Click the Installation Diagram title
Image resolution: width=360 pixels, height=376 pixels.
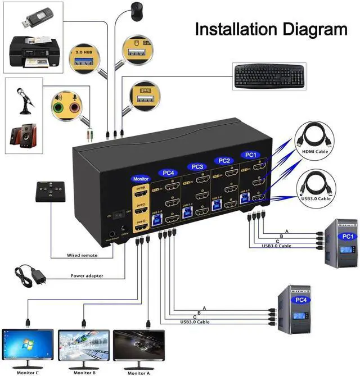click(x=271, y=29)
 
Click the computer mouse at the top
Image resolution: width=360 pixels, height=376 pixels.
click(x=136, y=9)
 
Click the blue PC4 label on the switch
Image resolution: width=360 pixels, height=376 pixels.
click(x=167, y=173)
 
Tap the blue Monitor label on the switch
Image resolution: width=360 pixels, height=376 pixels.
click(x=141, y=178)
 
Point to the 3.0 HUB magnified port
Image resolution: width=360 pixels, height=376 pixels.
click(x=84, y=58)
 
